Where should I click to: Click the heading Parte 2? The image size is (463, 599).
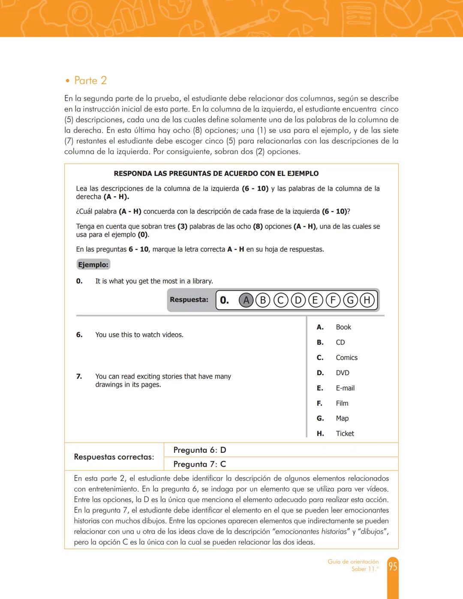[x=90, y=81]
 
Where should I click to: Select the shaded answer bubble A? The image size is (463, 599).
[x=246, y=300]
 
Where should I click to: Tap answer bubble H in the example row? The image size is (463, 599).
[x=367, y=300]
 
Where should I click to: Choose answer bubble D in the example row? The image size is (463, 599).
[x=298, y=300]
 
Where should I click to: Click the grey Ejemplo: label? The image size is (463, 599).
[x=93, y=265]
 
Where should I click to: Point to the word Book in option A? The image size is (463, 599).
[x=343, y=327]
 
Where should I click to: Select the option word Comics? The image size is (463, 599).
[x=346, y=358]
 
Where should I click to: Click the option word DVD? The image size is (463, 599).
[x=343, y=373]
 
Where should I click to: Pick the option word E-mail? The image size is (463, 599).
[x=345, y=388]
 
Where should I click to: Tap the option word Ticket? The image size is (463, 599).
[x=345, y=433]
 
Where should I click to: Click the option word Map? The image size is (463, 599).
[x=342, y=418]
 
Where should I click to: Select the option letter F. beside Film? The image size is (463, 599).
[x=319, y=403]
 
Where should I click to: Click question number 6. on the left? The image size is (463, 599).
[x=79, y=335]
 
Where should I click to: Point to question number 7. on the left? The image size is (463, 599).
[x=79, y=376]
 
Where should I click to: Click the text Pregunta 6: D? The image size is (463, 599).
[x=200, y=450]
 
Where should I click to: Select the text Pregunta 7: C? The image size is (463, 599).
[x=200, y=464]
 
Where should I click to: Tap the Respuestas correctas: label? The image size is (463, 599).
[x=114, y=457]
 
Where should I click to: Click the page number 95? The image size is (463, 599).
[x=393, y=566]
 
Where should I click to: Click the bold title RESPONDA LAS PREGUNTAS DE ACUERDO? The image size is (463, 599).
[x=216, y=174]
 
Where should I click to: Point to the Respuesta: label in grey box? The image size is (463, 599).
[x=189, y=300]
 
